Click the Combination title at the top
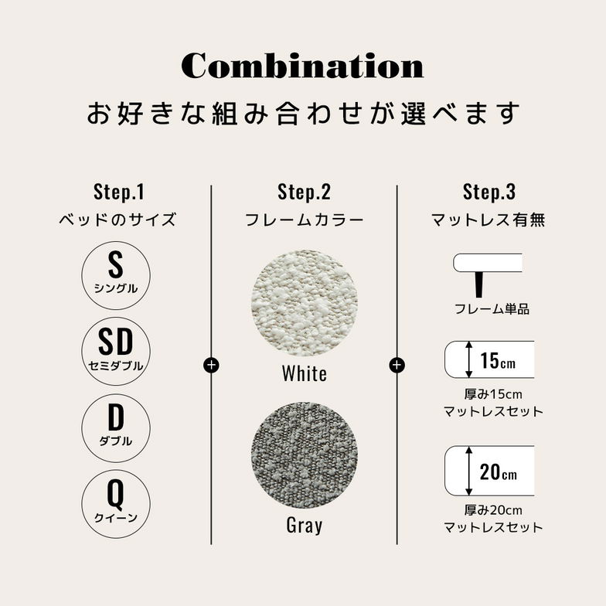tap(303, 66)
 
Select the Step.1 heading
tap(119, 192)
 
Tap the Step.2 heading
tap(305, 192)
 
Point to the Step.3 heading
tap(489, 192)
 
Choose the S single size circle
tap(116, 275)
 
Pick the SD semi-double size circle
tap(116, 351)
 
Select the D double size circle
tap(116, 427)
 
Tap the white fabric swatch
tap(305, 303)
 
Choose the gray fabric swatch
tap(305, 454)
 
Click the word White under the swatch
tap(305, 373)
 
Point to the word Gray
tap(305, 526)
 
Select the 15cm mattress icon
tap(490, 359)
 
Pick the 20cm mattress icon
tap(490, 471)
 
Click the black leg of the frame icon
tap(479, 284)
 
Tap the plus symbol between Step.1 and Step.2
tap(211, 365)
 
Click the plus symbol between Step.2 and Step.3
tap(397, 365)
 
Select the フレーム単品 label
tap(492, 309)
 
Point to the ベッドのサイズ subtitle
tap(117, 220)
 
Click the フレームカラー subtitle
tap(305, 220)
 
